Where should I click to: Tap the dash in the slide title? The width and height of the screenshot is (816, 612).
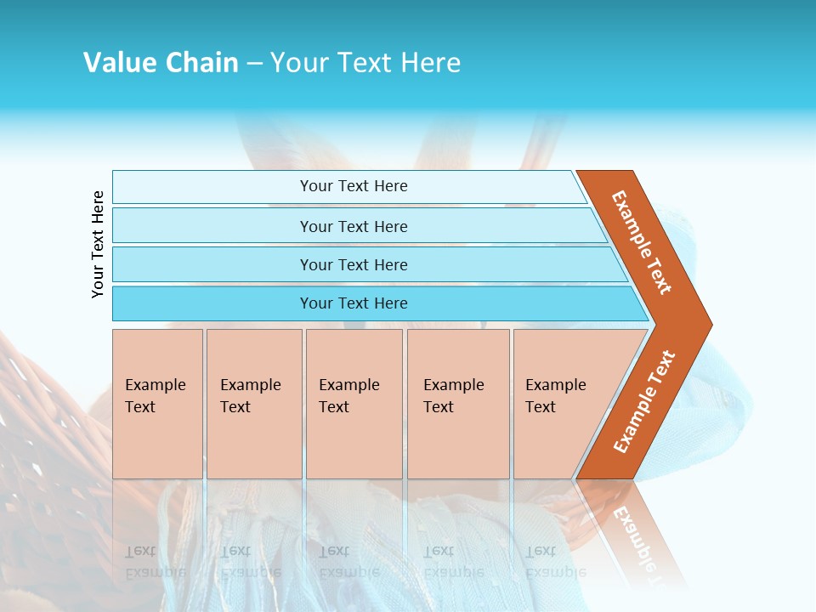254,64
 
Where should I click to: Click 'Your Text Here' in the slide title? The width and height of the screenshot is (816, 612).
365,63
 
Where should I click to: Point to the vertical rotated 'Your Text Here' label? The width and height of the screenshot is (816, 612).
98,244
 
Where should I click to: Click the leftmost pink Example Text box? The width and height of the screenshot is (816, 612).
157,404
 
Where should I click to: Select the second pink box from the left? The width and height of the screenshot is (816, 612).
254,404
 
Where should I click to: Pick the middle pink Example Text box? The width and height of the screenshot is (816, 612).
354,404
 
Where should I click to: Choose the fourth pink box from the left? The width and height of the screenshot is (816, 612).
458,404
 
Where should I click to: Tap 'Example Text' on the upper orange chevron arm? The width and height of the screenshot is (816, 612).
642,242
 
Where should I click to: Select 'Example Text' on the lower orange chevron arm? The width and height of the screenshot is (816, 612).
644,402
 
